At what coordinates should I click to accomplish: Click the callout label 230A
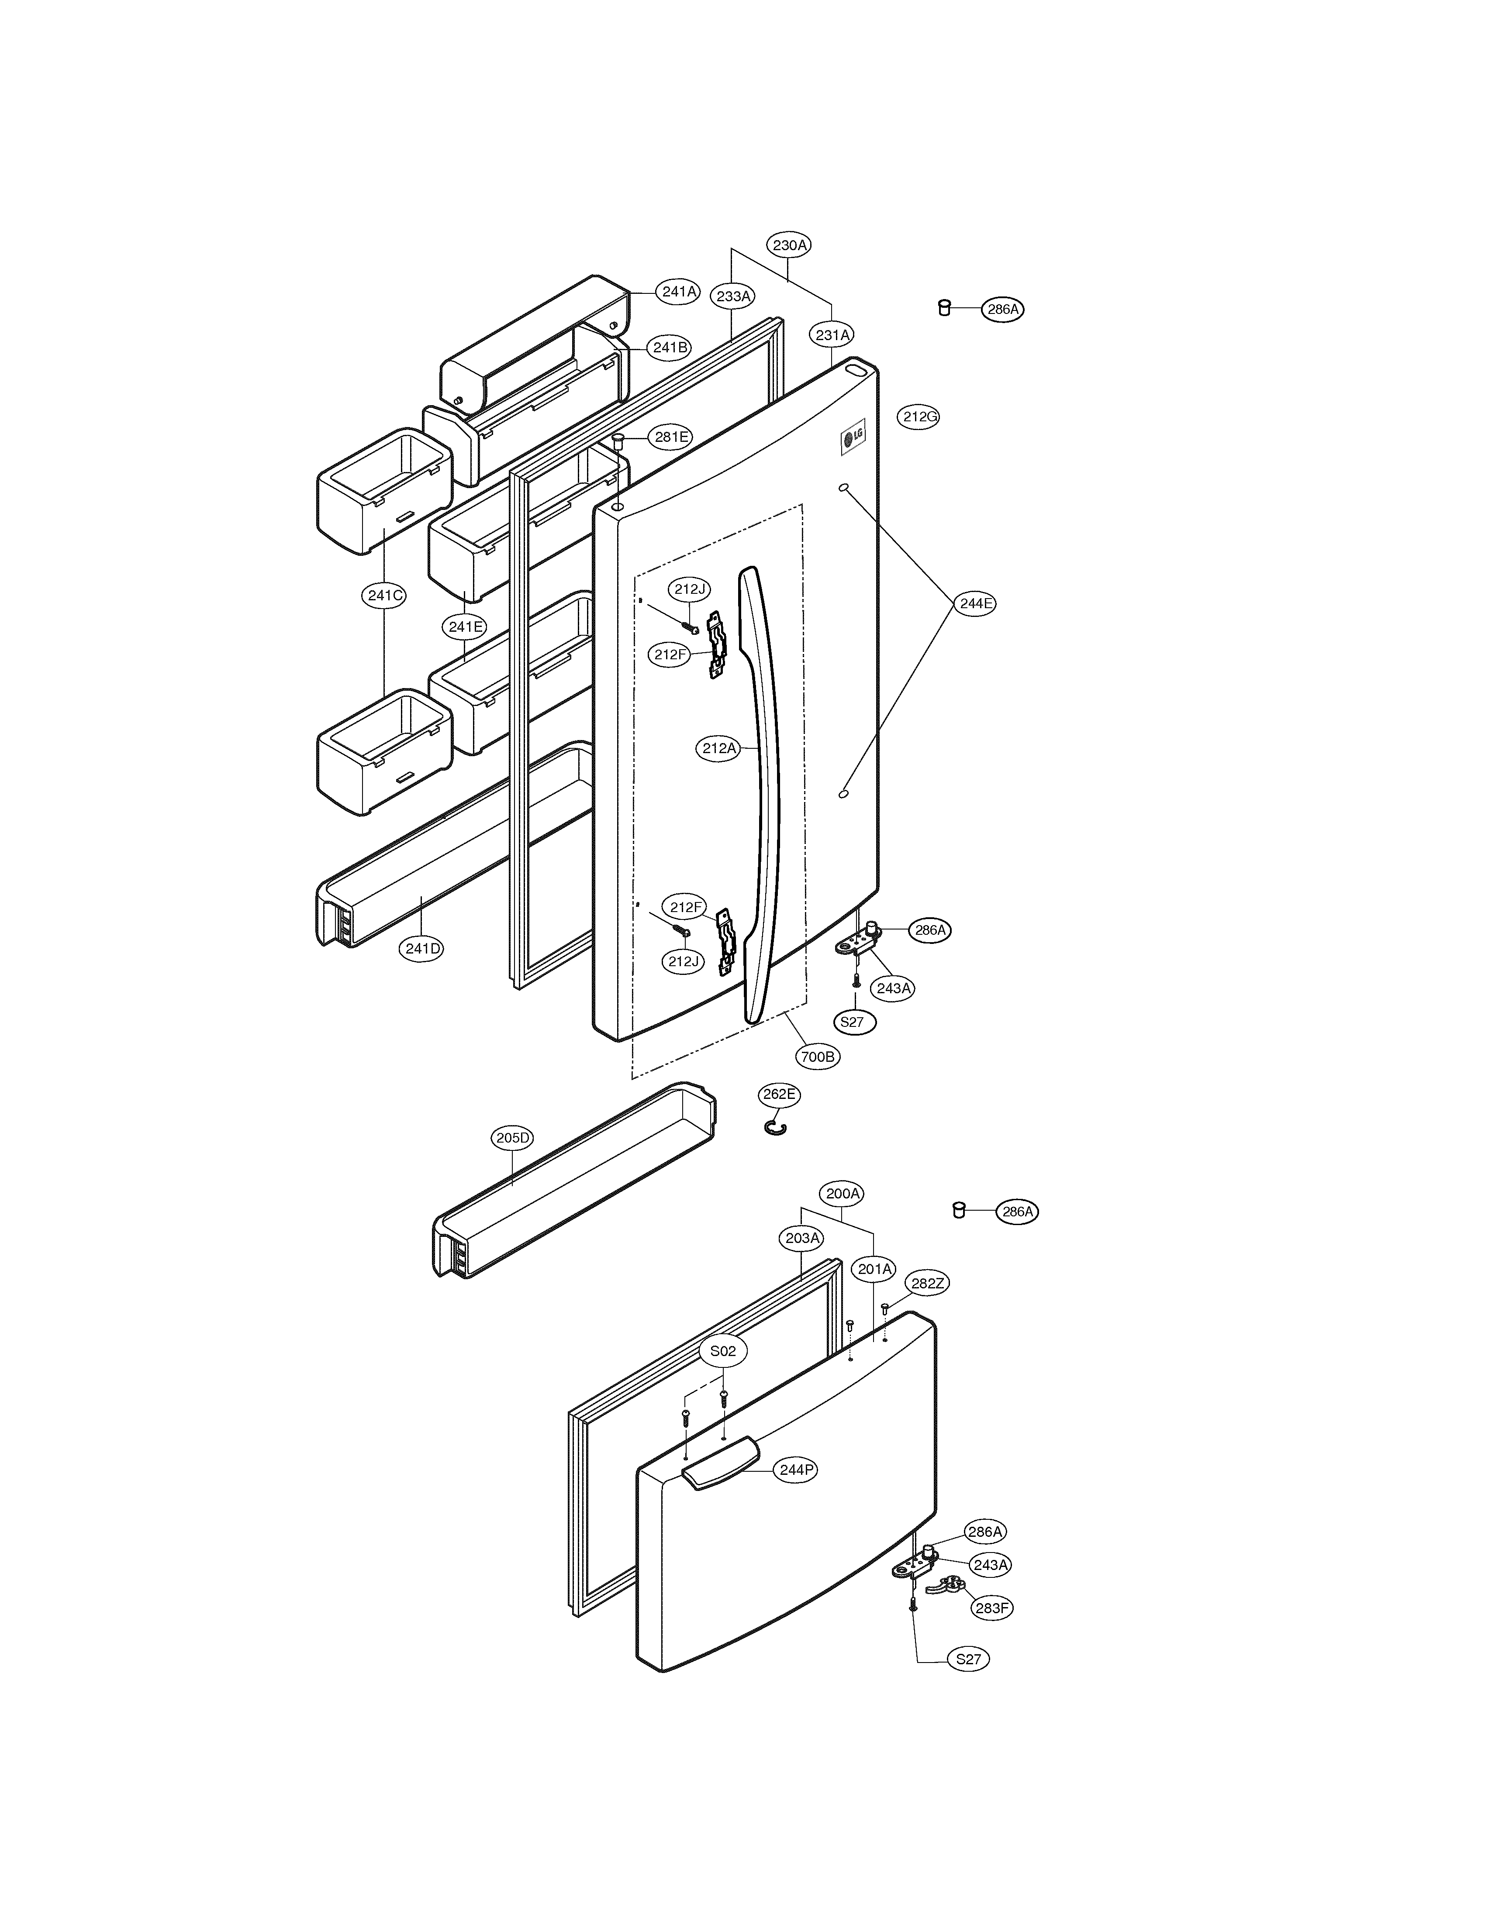789,245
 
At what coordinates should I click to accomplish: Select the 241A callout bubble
679,291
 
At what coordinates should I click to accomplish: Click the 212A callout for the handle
719,748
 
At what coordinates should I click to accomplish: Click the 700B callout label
817,1057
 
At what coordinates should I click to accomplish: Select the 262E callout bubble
779,1094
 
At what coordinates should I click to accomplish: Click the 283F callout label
991,1608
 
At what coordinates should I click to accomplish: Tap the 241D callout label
422,948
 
